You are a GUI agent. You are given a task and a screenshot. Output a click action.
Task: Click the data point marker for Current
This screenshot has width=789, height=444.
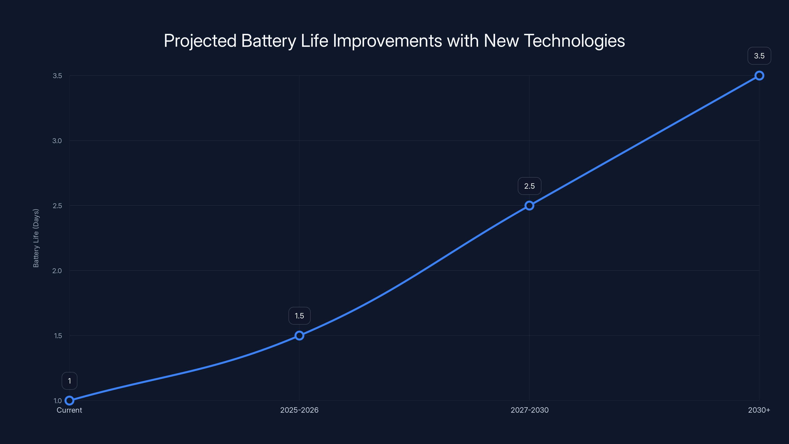point(70,401)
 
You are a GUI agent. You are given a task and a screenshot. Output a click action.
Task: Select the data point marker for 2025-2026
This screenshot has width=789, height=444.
point(299,335)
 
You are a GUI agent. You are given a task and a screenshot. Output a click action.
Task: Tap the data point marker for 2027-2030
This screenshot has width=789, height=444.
point(529,206)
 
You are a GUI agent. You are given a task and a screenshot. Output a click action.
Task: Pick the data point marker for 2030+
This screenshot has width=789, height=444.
point(759,76)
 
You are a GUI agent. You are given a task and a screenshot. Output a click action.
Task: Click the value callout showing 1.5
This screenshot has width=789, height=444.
point(299,316)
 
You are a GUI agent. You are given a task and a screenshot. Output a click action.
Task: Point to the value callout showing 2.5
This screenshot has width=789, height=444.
point(529,186)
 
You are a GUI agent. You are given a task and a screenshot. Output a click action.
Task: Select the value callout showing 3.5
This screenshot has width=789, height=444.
point(759,56)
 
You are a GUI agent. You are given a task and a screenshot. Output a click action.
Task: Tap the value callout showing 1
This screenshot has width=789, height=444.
point(70,381)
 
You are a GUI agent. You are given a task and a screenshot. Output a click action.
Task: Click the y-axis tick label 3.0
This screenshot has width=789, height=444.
point(57,141)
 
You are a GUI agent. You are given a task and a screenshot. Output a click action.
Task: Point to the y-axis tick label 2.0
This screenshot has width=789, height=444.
point(57,271)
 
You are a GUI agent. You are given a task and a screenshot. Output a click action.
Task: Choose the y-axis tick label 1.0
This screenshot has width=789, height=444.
point(58,401)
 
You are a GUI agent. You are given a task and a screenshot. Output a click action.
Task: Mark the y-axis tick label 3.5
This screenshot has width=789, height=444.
point(57,76)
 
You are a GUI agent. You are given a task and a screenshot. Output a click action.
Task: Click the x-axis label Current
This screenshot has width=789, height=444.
point(69,410)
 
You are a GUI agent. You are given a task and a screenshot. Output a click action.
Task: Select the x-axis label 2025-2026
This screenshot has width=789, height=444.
point(299,410)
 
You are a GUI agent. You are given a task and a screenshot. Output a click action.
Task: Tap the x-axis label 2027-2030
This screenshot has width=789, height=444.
point(529,410)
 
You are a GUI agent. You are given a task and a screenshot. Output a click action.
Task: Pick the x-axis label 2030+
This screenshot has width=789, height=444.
point(759,410)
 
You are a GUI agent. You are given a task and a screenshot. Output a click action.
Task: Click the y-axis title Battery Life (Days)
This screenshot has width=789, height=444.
point(36,238)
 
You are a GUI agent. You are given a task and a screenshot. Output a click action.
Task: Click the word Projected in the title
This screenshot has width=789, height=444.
point(200,41)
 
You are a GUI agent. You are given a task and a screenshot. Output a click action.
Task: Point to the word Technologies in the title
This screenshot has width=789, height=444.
point(574,41)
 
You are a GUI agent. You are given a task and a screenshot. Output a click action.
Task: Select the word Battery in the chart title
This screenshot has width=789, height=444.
point(269,41)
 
